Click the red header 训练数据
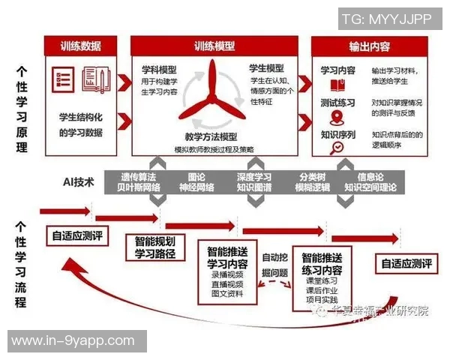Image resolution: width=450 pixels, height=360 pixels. point(81,46)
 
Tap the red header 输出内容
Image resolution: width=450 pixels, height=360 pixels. point(369,46)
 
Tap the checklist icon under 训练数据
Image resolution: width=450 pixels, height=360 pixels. point(63,79)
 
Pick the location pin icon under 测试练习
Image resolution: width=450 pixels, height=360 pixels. point(337,117)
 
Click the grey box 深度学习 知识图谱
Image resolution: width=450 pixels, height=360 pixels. point(254,183)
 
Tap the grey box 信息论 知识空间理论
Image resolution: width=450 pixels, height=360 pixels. point(370,183)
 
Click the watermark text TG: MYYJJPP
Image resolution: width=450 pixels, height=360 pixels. point(387,19)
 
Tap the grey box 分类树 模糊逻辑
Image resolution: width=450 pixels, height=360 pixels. point(312,183)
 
